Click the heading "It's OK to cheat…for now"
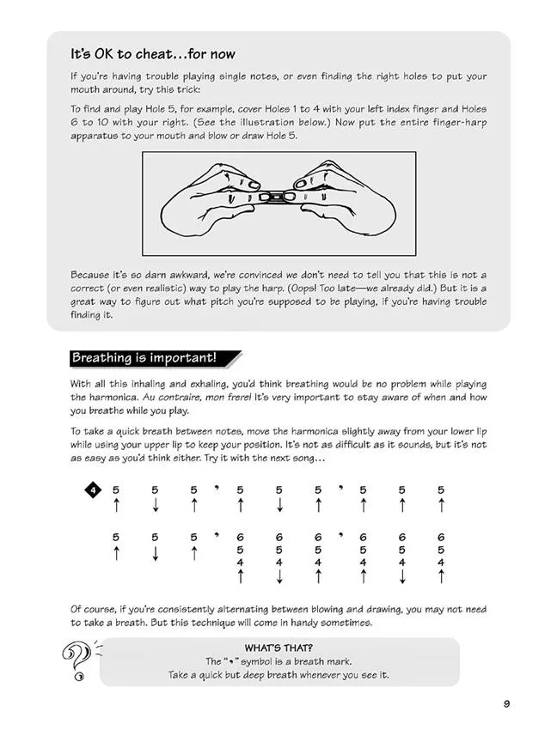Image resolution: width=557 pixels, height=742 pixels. pos(153,55)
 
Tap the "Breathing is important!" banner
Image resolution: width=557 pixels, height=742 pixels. pos(144,358)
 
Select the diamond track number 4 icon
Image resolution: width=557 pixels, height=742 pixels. pos(93,490)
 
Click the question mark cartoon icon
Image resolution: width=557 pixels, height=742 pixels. pos(75,660)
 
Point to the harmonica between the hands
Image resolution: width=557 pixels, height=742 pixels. pos(279,198)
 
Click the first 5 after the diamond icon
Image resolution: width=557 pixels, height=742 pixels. pos(115,490)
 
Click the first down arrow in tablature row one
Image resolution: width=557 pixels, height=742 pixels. pos(155,507)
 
